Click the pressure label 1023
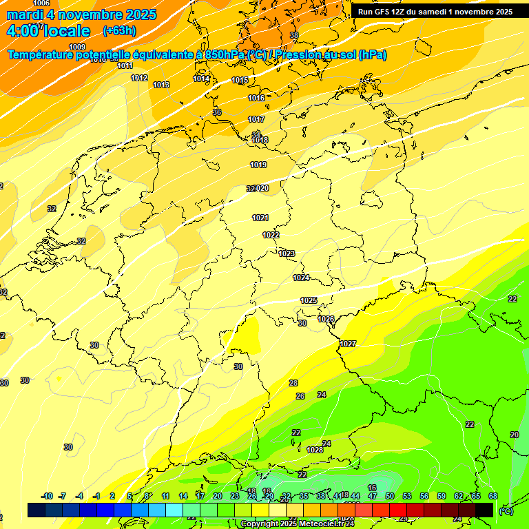pos(287,253)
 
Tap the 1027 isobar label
pos(348,344)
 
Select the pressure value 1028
pos(315,450)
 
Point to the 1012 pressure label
pos(139,78)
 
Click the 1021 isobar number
pos(260,218)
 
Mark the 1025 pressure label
pos(309,300)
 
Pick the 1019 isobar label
pos(258,165)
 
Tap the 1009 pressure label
pos(77,47)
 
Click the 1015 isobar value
pos(240,81)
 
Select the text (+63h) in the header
pos(119,31)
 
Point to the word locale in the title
pos(65,31)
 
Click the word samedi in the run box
pos(438,12)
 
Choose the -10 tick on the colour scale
pos(47,496)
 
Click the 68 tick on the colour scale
pos(493,496)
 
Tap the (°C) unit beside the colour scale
pos(506,510)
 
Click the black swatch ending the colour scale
pos(484,510)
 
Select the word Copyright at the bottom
pos(260,524)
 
